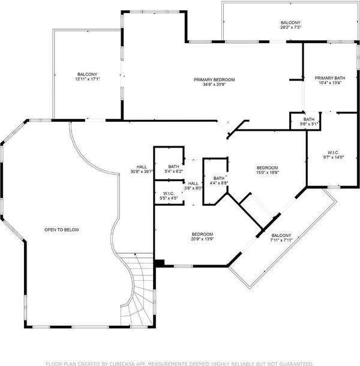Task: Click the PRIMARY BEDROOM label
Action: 214,80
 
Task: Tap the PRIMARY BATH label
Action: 330,78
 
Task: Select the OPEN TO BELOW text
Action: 62,230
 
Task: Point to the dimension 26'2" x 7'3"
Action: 290,28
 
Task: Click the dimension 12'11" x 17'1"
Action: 88,79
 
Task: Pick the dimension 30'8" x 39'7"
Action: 142,172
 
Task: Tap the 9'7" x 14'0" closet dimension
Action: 334,157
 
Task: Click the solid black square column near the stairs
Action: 160,263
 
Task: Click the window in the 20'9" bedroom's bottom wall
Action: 184,266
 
